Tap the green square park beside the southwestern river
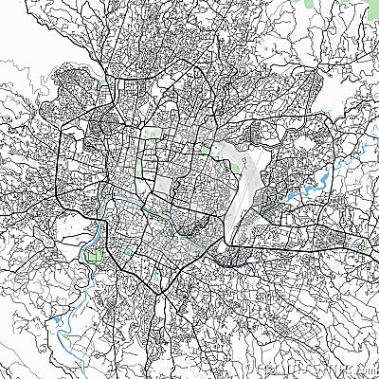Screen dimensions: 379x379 (x=93, y=254)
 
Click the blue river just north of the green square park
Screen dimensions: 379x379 (x=97, y=232)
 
